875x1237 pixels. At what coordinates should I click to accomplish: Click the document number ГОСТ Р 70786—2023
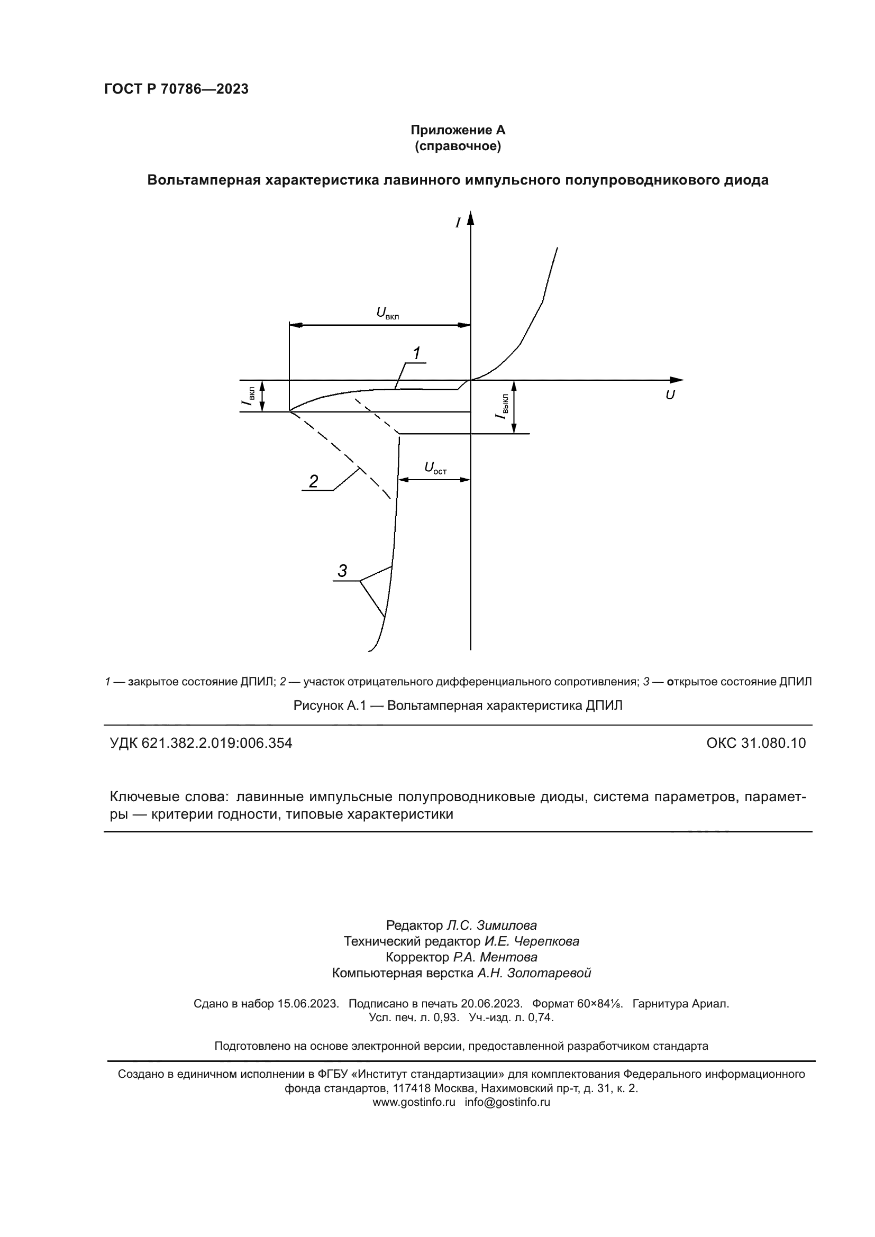pyautogui.click(x=176, y=89)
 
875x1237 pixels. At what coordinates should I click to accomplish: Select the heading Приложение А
pyautogui.click(x=458, y=131)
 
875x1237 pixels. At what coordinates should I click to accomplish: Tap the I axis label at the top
pyautogui.click(x=458, y=222)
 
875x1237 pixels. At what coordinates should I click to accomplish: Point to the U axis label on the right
pyautogui.click(x=670, y=395)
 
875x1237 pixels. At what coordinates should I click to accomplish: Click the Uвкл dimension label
pyautogui.click(x=387, y=313)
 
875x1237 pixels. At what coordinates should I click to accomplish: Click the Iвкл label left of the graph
pyautogui.click(x=249, y=397)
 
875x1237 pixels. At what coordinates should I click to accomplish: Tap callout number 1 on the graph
pyautogui.click(x=416, y=353)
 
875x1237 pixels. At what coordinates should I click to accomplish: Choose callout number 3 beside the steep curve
pyautogui.click(x=342, y=571)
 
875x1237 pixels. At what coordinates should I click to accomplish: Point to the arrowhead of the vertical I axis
pyautogui.click(x=470, y=217)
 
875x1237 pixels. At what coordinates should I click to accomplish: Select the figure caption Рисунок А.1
pyautogui.click(x=458, y=705)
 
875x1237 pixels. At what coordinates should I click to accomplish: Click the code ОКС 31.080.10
pyautogui.click(x=756, y=743)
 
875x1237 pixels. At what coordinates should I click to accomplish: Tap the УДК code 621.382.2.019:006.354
pyautogui.click(x=201, y=743)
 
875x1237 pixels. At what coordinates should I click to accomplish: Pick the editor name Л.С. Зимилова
pyautogui.click(x=491, y=926)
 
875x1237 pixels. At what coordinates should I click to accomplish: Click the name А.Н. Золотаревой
pyautogui.click(x=534, y=973)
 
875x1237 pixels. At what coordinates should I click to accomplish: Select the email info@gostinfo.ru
pyautogui.click(x=507, y=1102)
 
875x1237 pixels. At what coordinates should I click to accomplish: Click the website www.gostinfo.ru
pyautogui.click(x=414, y=1102)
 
